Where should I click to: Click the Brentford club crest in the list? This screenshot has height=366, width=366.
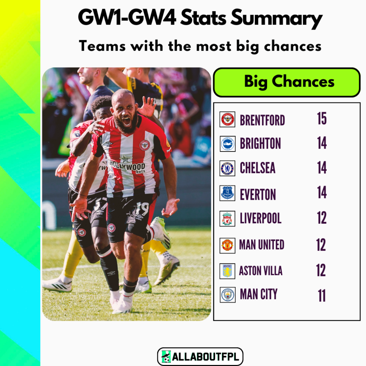tap(227, 119)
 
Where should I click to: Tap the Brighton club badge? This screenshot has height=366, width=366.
tap(227, 144)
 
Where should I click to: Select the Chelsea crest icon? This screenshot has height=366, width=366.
tap(227, 168)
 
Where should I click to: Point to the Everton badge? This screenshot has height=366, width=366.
tap(227, 193)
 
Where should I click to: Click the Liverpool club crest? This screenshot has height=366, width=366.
tap(227, 219)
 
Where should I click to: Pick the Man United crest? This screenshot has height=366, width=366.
tap(227, 245)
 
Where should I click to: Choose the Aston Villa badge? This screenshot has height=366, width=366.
tap(227, 271)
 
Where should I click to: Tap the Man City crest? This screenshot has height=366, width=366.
tap(227, 295)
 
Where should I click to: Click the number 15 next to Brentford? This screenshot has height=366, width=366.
tap(322, 119)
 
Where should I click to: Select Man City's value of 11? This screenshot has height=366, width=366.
tap(322, 296)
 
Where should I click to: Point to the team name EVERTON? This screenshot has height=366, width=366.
tap(258, 195)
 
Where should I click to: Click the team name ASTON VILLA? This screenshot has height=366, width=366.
tap(261, 271)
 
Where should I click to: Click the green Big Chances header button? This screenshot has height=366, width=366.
tap(287, 82)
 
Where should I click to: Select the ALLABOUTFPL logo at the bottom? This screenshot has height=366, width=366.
tap(200, 357)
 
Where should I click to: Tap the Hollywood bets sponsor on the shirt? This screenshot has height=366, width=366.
tap(128, 166)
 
